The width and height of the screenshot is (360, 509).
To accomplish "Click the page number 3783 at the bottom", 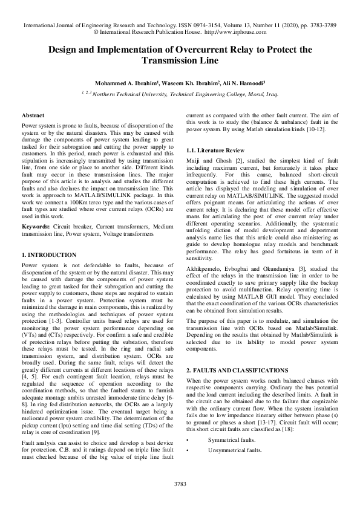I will [180, 484].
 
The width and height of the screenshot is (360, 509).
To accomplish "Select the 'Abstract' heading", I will [33, 115].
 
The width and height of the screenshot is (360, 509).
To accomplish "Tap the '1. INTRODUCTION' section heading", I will [49, 255].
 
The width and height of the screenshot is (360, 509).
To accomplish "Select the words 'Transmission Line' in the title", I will [180, 60].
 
